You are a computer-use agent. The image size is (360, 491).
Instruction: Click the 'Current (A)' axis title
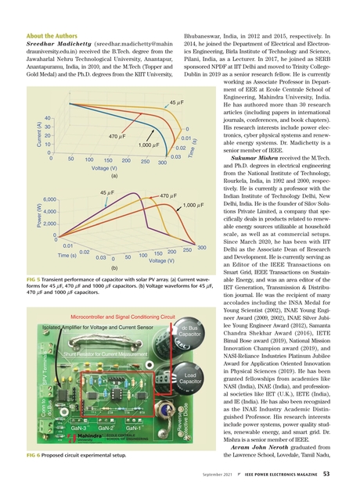tap(16, 129)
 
